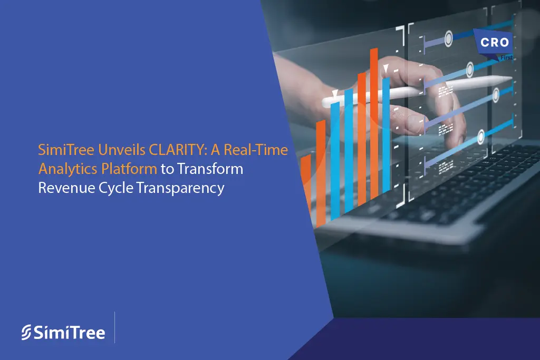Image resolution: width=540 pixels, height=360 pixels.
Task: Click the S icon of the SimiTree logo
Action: click(x=27, y=333)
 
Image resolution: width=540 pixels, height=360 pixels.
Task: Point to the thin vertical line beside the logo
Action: click(x=114, y=327)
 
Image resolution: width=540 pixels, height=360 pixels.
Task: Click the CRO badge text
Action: click(x=495, y=43)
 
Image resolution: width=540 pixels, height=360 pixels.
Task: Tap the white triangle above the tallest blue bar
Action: click(x=385, y=68)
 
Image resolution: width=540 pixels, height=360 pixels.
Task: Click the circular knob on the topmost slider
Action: click(x=448, y=38)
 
